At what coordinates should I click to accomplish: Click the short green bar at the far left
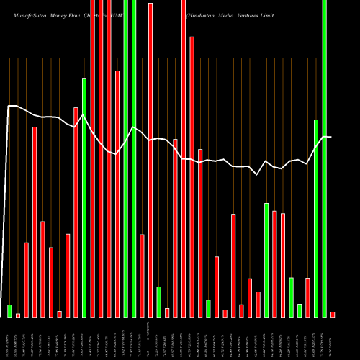(x=10, y=310)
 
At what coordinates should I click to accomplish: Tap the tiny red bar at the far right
(x=333, y=314)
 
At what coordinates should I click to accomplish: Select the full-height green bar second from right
(x=324, y=158)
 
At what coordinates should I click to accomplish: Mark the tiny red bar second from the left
(x=18, y=315)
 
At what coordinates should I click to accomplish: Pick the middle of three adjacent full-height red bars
(x=101, y=158)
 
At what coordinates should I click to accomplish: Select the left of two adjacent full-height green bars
(x=126, y=158)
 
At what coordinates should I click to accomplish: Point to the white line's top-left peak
(x=10, y=107)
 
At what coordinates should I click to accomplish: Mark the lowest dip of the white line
(x=258, y=174)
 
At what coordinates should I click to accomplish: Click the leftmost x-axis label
(x=10, y=338)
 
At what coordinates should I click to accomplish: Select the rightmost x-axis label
(x=333, y=338)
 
